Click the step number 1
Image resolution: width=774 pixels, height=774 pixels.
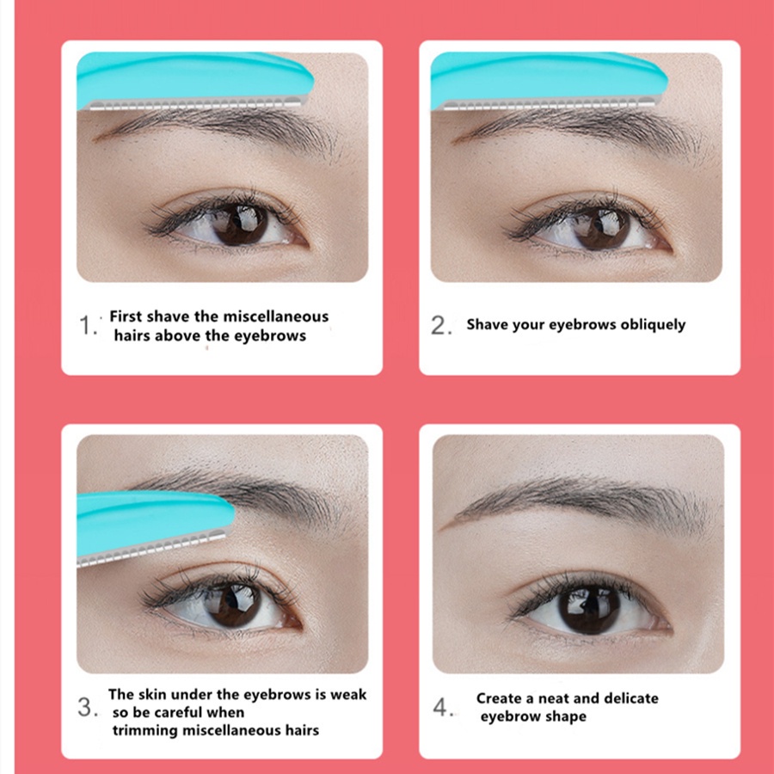[89, 326]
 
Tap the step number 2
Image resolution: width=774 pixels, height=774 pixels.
[440, 326]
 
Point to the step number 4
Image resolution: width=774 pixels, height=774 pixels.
[442, 708]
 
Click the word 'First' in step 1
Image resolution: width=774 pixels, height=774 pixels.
[126, 316]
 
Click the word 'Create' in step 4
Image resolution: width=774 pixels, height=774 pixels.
[500, 698]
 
